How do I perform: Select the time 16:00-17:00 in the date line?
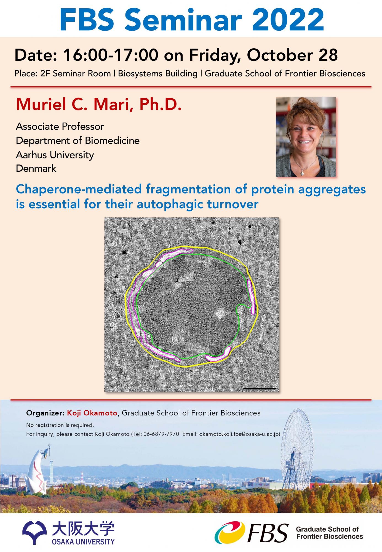pos(111,55)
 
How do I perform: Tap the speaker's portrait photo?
pos(306,137)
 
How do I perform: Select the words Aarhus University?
pos(55,155)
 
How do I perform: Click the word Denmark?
pos(36,168)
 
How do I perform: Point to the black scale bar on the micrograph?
pos(260,389)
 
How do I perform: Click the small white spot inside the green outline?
pos(220,313)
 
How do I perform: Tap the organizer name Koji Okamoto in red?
pos(92,413)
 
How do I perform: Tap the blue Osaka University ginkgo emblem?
pos(34,532)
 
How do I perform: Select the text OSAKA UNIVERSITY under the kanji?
pos(83,542)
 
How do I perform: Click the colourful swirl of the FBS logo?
pos(230,532)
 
